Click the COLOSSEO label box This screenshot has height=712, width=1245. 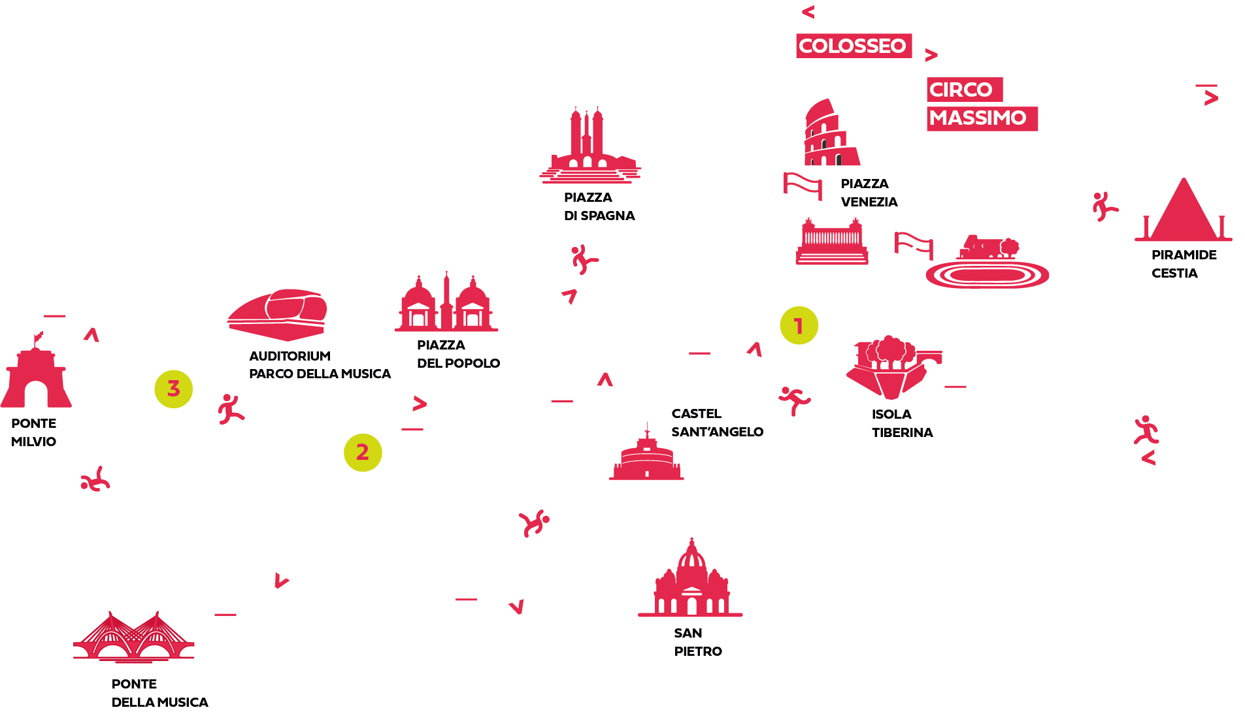pos(853,46)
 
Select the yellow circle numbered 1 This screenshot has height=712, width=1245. pos(799,325)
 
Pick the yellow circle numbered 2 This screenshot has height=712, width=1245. pos(363,453)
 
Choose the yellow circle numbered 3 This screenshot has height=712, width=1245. pos(173,389)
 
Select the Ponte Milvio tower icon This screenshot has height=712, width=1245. pos(36,376)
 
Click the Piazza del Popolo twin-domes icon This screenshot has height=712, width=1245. pos(446,304)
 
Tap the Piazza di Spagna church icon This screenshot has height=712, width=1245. pos(588,147)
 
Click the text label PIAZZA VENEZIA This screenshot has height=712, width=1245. pos(869,193)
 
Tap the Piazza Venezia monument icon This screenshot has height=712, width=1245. pos(831,242)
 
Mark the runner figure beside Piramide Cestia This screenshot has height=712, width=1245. pos(1104,206)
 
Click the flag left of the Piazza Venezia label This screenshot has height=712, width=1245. pos(803,186)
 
